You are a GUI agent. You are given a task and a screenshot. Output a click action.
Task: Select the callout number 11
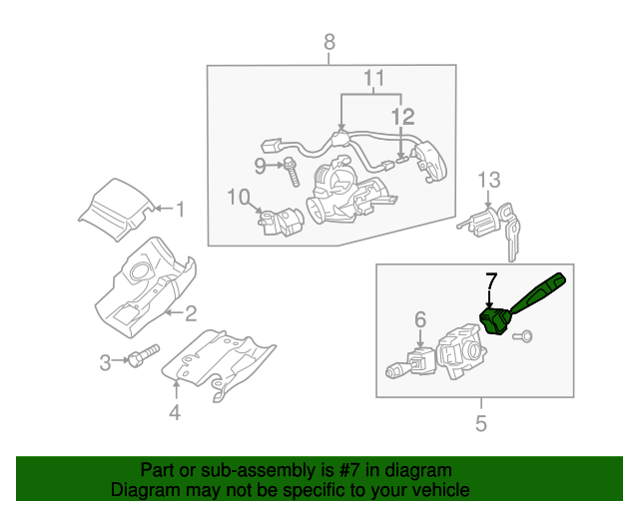coord(373,78)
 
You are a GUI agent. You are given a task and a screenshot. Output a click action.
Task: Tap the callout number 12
coord(400,118)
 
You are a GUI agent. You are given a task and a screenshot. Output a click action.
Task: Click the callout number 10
coord(236,197)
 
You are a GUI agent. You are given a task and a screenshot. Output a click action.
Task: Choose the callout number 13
coord(487,180)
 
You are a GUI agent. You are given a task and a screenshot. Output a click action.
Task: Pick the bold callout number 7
coord(490,280)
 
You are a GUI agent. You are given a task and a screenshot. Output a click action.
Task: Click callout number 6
coord(419,319)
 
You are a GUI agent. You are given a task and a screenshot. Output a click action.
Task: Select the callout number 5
coord(481,424)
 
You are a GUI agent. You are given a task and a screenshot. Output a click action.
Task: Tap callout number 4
coord(175,412)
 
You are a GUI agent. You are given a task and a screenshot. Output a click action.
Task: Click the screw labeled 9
coord(293,172)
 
